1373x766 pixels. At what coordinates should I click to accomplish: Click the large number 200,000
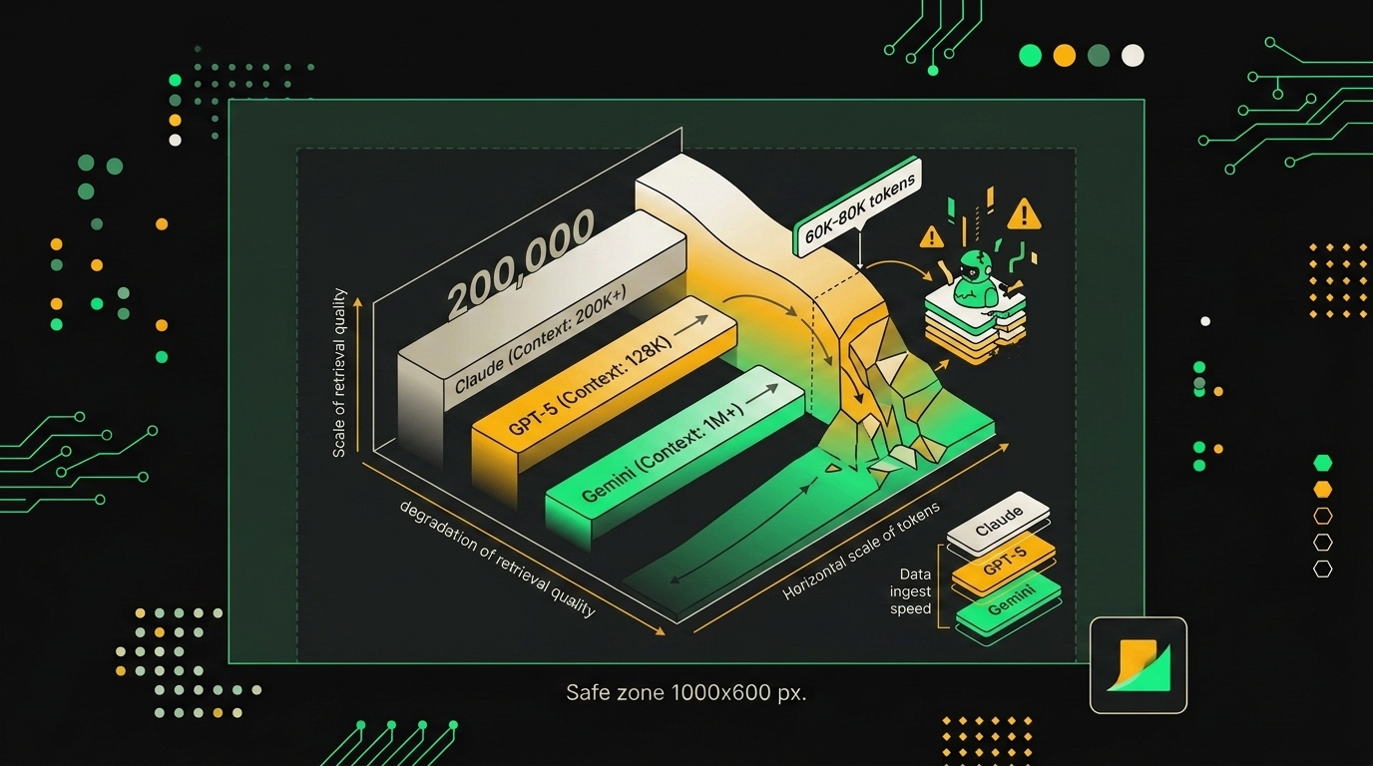[521, 263]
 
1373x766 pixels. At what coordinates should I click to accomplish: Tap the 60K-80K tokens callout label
[858, 207]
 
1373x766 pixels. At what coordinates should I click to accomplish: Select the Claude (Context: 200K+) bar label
[540, 341]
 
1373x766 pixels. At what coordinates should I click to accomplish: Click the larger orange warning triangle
[1024, 213]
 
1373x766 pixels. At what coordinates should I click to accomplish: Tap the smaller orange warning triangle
[932, 236]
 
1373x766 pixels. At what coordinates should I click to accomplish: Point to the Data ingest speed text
[910, 591]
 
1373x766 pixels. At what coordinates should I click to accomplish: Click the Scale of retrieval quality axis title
[339, 373]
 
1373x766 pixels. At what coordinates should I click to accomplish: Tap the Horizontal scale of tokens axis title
[860, 551]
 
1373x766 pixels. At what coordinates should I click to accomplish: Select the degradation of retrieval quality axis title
[497, 559]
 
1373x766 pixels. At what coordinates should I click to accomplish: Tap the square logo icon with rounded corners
[1139, 665]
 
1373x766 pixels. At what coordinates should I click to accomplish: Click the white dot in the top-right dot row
[1133, 56]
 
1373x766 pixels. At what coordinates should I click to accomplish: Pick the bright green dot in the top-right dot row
[1030, 56]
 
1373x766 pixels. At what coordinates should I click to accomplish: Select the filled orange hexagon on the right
[1323, 489]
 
